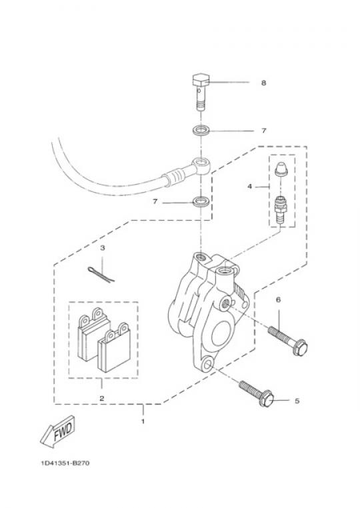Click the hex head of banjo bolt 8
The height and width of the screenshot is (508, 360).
(201, 80)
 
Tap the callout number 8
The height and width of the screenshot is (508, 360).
(263, 83)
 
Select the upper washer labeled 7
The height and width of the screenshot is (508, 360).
(201, 131)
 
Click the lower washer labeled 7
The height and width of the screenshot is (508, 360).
(201, 202)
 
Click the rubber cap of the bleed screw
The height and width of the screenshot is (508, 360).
(281, 169)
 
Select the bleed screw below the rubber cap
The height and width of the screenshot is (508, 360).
(281, 210)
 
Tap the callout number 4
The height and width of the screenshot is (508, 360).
(249, 187)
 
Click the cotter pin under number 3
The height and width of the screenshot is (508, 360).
(101, 275)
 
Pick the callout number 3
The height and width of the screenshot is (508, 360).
(103, 248)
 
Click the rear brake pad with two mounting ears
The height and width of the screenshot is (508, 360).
(93, 334)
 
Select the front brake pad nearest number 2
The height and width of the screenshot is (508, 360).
(114, 348)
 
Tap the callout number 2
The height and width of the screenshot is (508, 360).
(102, 399)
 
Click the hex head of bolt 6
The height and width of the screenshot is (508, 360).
(299, 347)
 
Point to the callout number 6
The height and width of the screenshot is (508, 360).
(279, 300)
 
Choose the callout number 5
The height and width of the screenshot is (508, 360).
(297, 401)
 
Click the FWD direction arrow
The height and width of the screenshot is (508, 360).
(58, 432)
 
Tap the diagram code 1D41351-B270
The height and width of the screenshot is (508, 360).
(65, 463)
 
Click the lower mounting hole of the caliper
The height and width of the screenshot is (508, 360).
(207, 365)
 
